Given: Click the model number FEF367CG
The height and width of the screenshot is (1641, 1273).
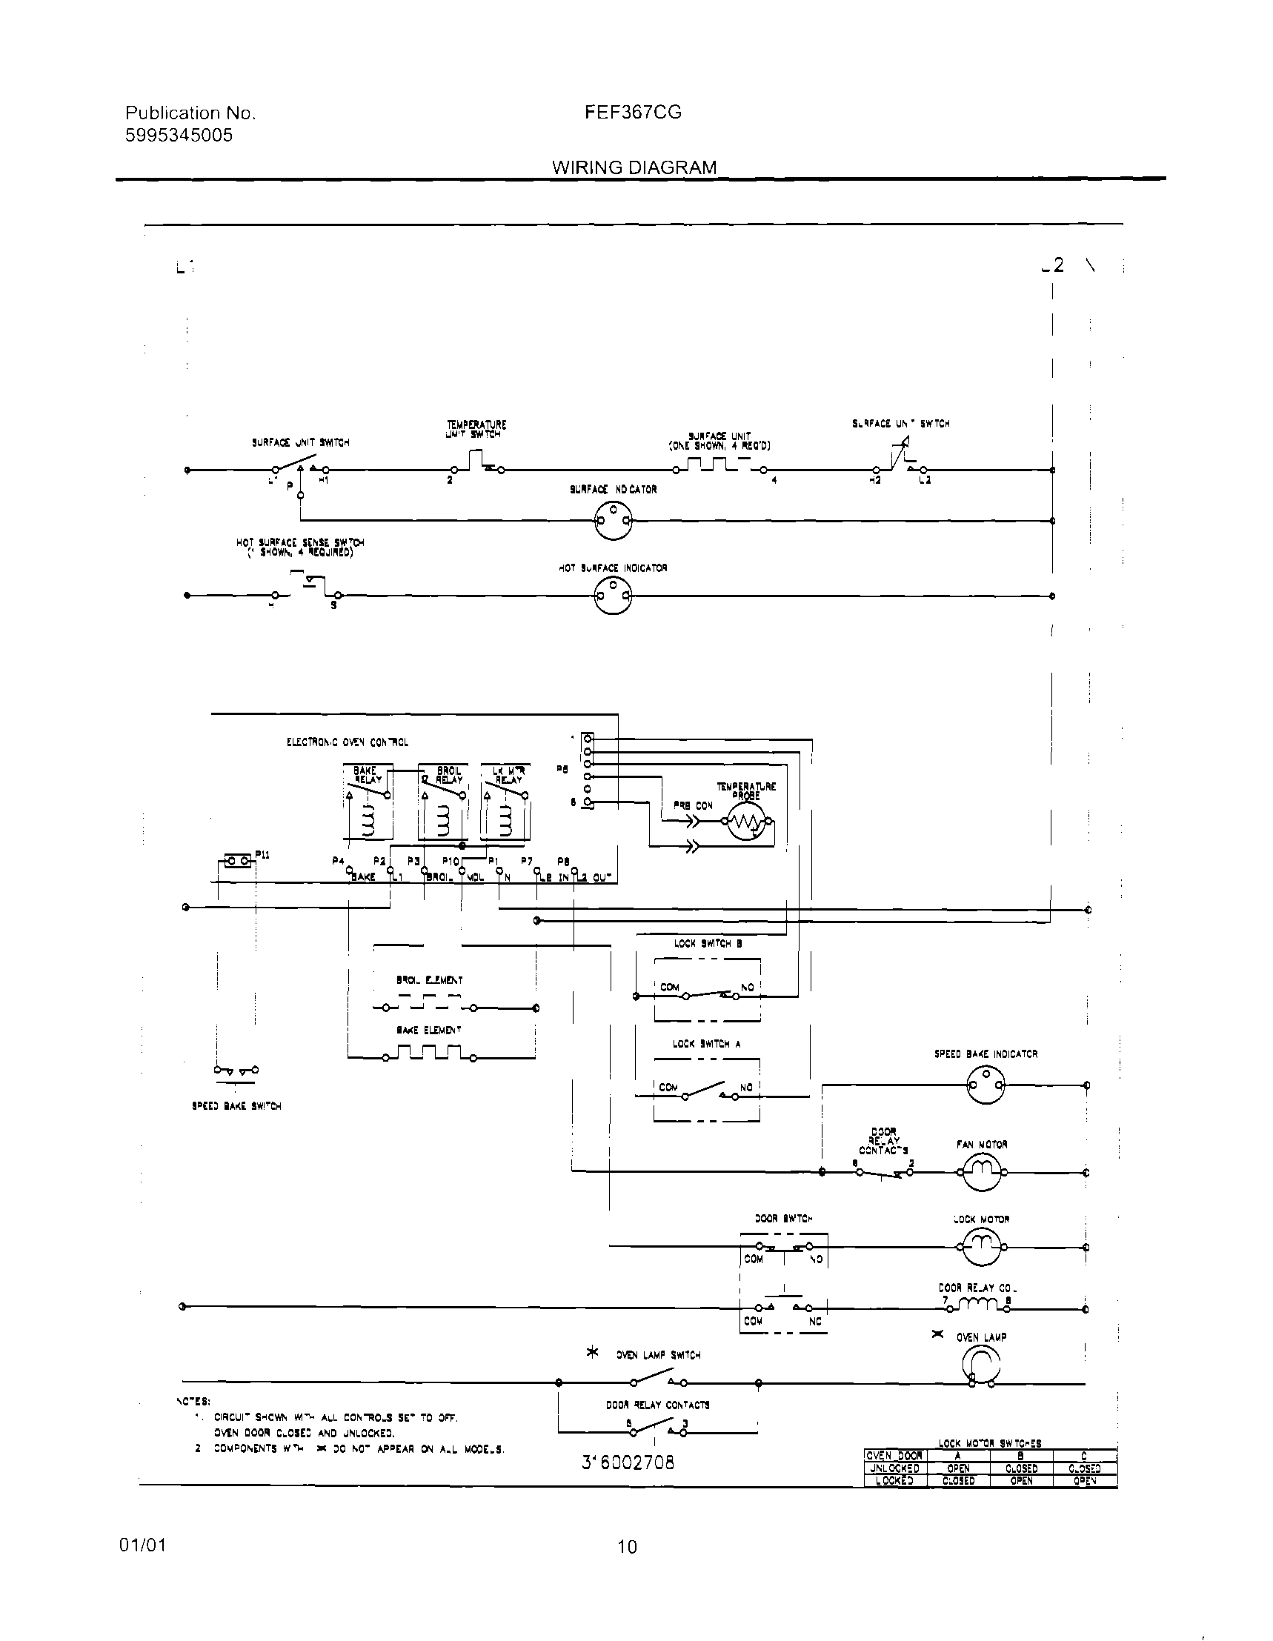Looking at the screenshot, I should point(633,113).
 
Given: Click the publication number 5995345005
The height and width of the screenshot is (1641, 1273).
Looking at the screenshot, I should point(179,136).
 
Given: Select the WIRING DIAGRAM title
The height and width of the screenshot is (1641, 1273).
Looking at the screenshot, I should point(634,167).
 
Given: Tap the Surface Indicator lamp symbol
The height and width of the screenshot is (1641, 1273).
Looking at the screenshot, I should point(613,519).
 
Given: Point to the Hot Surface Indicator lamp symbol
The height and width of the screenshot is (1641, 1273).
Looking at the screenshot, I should point(613,596).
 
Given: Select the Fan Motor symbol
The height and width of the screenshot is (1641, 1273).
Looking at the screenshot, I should point(983,1172).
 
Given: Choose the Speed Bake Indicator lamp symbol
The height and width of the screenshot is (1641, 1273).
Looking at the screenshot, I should point(986,1085).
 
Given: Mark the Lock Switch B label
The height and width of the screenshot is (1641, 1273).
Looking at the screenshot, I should point(707,944).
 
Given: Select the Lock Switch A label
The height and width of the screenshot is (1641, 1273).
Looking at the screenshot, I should point(705,1044).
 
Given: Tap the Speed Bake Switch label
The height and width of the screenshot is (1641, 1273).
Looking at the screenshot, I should point(236,1106).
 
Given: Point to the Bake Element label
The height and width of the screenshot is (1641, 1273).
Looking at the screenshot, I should point(428,1030).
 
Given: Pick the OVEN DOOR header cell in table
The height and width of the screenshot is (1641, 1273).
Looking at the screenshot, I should point(894,1455).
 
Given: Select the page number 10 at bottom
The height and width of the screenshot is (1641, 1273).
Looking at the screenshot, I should point(627,1547).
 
